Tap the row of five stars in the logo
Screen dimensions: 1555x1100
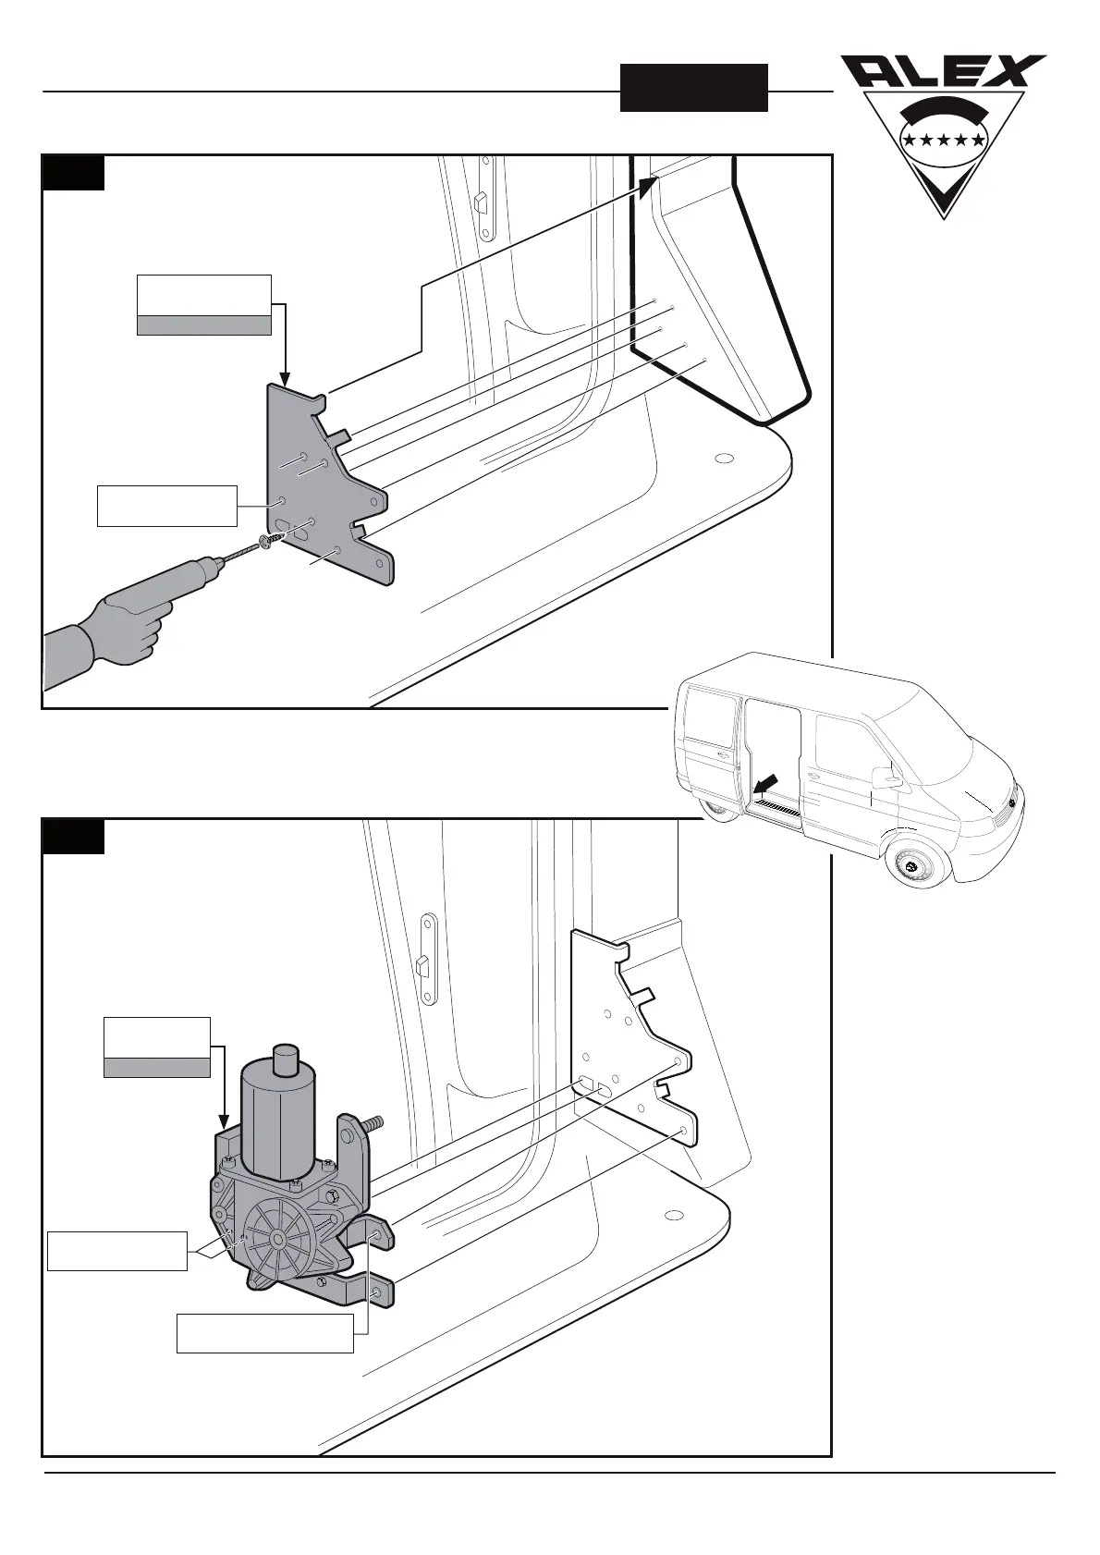tap(943, 140)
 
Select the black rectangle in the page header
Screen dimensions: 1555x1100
tap(693, 88)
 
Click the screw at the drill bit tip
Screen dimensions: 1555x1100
tap(266, 541)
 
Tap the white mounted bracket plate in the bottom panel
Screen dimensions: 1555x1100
tap(633, 1035)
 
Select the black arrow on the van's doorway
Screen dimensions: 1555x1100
tap(766, 784)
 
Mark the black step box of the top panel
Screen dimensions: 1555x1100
tap(73, 173)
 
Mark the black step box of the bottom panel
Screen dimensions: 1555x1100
tap(73, 837)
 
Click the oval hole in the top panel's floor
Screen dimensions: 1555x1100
tap(725, 458)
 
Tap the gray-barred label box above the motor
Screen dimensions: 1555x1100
tap(157, 1047)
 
